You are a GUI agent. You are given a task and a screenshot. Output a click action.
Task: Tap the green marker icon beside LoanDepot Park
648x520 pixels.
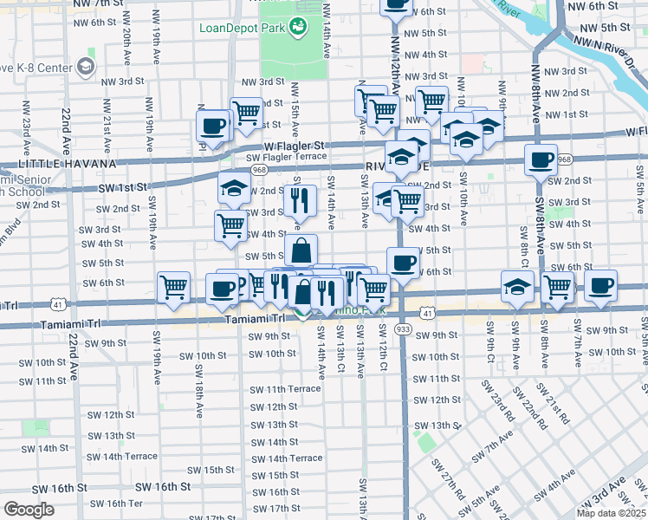(298, 27)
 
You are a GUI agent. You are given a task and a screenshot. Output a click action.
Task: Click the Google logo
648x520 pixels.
(29, 509)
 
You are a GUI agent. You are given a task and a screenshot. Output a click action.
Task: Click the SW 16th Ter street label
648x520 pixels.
(116, 504)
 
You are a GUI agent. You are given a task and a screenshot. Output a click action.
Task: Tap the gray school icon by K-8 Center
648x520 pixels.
(85, 66)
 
